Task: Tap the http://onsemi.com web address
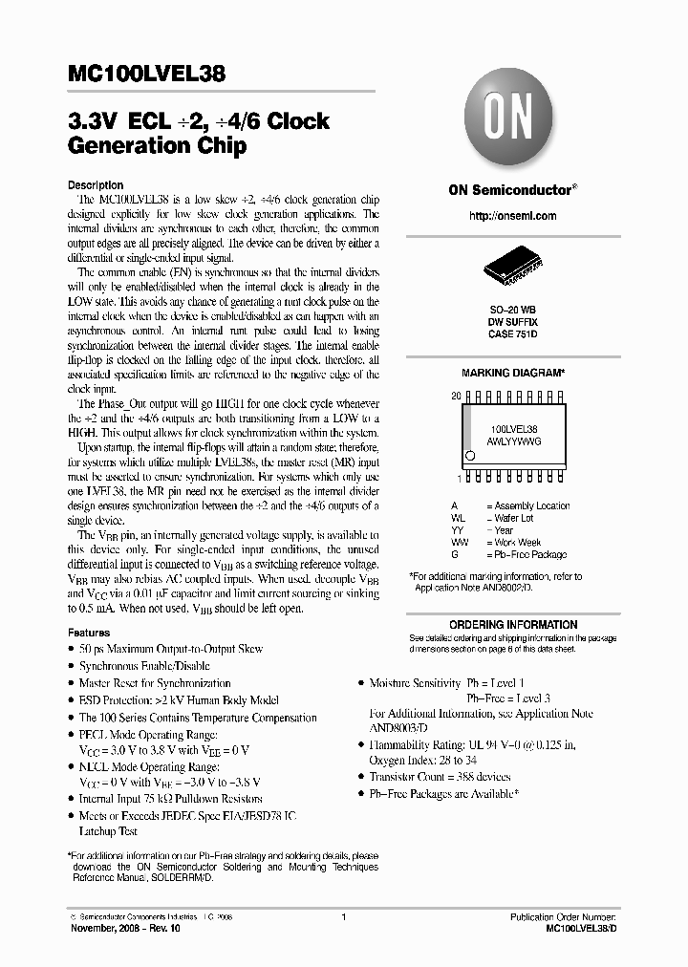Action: [x=512, y=216]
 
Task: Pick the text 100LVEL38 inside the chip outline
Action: [x=513, y=431]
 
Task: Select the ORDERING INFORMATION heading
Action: [x=512, y=623]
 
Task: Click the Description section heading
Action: [x=96, y=185]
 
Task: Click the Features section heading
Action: [x=89, y=633]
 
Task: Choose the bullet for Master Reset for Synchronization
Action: [x=73, y=684]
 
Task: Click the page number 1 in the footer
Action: [x=343, y=917]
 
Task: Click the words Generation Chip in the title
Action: [x=157, y=146]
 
